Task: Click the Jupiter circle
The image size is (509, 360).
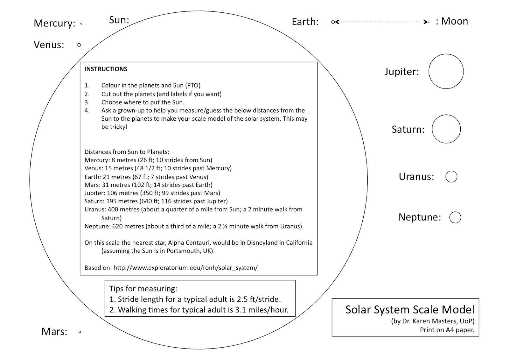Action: click(x=446, y=71)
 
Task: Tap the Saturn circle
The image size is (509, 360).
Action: click(x=446, y=129)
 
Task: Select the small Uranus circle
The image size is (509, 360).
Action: click(x=451, y=177)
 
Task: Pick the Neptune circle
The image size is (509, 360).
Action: click(x=455, y=217)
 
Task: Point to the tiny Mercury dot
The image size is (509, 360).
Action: click(x=81, y=24)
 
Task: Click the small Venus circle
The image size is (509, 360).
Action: click(x=79, y=45)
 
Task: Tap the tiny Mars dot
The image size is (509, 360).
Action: click(x=80, y=332)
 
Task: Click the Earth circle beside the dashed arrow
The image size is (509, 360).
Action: click(x=333, y=22)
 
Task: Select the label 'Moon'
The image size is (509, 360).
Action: click(x=454, y=21)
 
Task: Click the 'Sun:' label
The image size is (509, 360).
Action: click(x=119, y=20)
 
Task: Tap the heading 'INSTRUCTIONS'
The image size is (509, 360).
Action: click(x=106, y=69)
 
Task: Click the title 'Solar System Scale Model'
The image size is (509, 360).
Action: click(x=410, y=309)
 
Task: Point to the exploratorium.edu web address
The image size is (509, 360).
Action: click(x=185, y=268)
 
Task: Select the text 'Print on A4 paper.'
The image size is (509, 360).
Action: click(x=447, y=330)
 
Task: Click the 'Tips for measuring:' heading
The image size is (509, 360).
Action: click(x=143, y=289)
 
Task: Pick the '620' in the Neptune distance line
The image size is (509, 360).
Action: click(x=118, y=226)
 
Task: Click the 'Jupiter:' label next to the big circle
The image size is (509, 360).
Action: click(x=401, y=72)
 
